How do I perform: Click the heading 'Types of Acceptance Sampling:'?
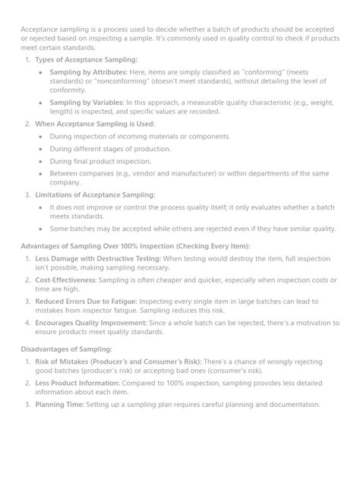[86, 58]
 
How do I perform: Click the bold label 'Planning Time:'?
[60, 404]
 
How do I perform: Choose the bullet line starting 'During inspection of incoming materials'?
[129, 137]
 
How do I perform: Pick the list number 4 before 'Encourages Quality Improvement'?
[27, 321]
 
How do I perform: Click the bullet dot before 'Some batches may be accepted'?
[40, 228]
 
